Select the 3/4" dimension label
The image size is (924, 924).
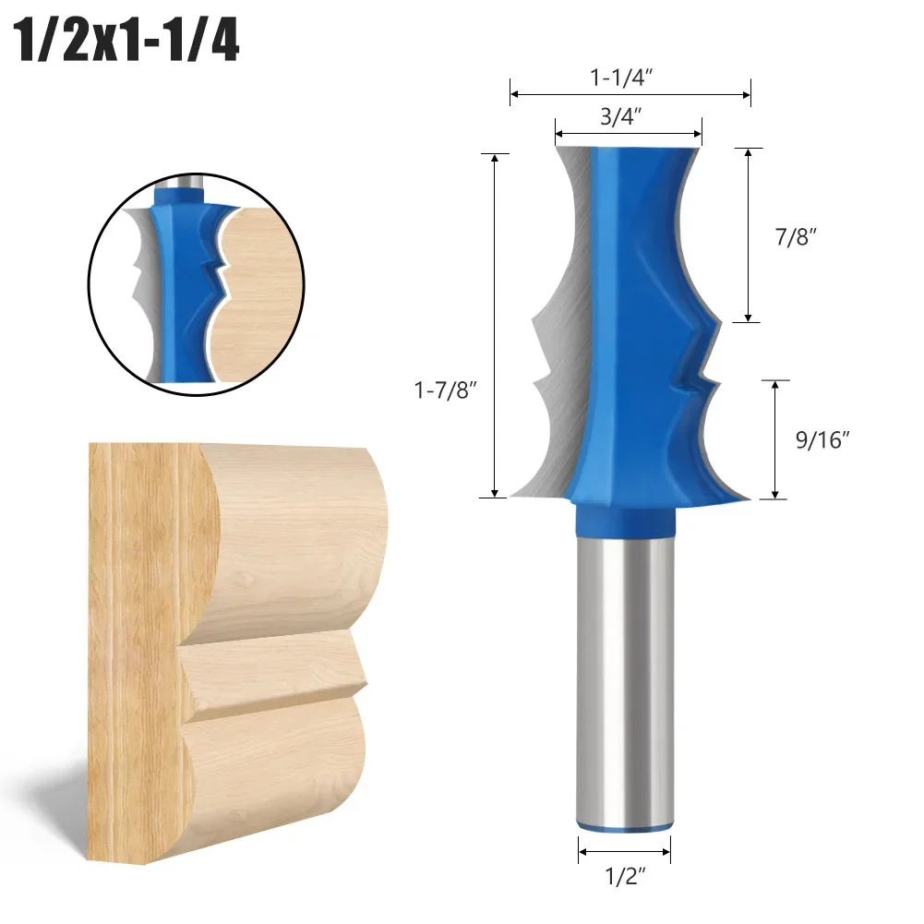(x=629, y=116)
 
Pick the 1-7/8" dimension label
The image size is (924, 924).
(x=446, y=392)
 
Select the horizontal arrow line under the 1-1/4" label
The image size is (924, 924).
(x=630, y=93)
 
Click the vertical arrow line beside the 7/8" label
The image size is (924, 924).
(x=747, y=234)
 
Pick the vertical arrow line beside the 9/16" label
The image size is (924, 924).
(x=774, y=439)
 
